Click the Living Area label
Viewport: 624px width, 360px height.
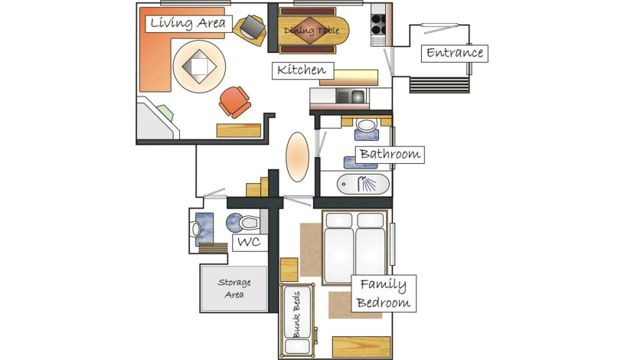pyautogui.click(x=188, y=23)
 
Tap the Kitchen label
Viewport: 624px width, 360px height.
pyautogui.click(x=302, y=70)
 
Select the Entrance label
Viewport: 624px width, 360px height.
pyautogui.click(x=455, y=53)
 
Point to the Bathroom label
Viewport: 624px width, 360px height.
pyautogui.click(x=390, y=154)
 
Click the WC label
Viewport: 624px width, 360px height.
pyautogui.click(x=250, y=242)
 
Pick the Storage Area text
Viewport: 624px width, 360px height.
pyautogui.click(x=234, y=289)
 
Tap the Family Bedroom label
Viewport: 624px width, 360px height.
pyautogui.click(x=384, y=293)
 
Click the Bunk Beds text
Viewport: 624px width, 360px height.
pyautogui.click(x=297, y=315)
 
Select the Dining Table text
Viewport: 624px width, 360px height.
pyautogui.click(x=311, y=31)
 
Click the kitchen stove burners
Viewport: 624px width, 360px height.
pyautogui.click(x=378, y=25)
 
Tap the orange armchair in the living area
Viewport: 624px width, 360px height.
pyautogui.click(x=235, y=102)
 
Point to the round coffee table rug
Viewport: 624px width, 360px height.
pyautogui.click(x=199, y=67)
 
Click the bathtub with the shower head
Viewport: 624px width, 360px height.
pyautogui.click(x=364, y=185)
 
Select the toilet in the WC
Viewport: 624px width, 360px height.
pyautogui.click(x=243, y=223)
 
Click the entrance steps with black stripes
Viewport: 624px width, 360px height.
pyautogui.click(x=439, y=85)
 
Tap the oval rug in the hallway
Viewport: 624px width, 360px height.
pyautogui.click(x=297, y=157)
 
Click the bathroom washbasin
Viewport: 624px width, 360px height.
pyautogui.click(x=367, y=125)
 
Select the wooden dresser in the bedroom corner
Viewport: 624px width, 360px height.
pyautogui.click(x=361, y=347)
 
